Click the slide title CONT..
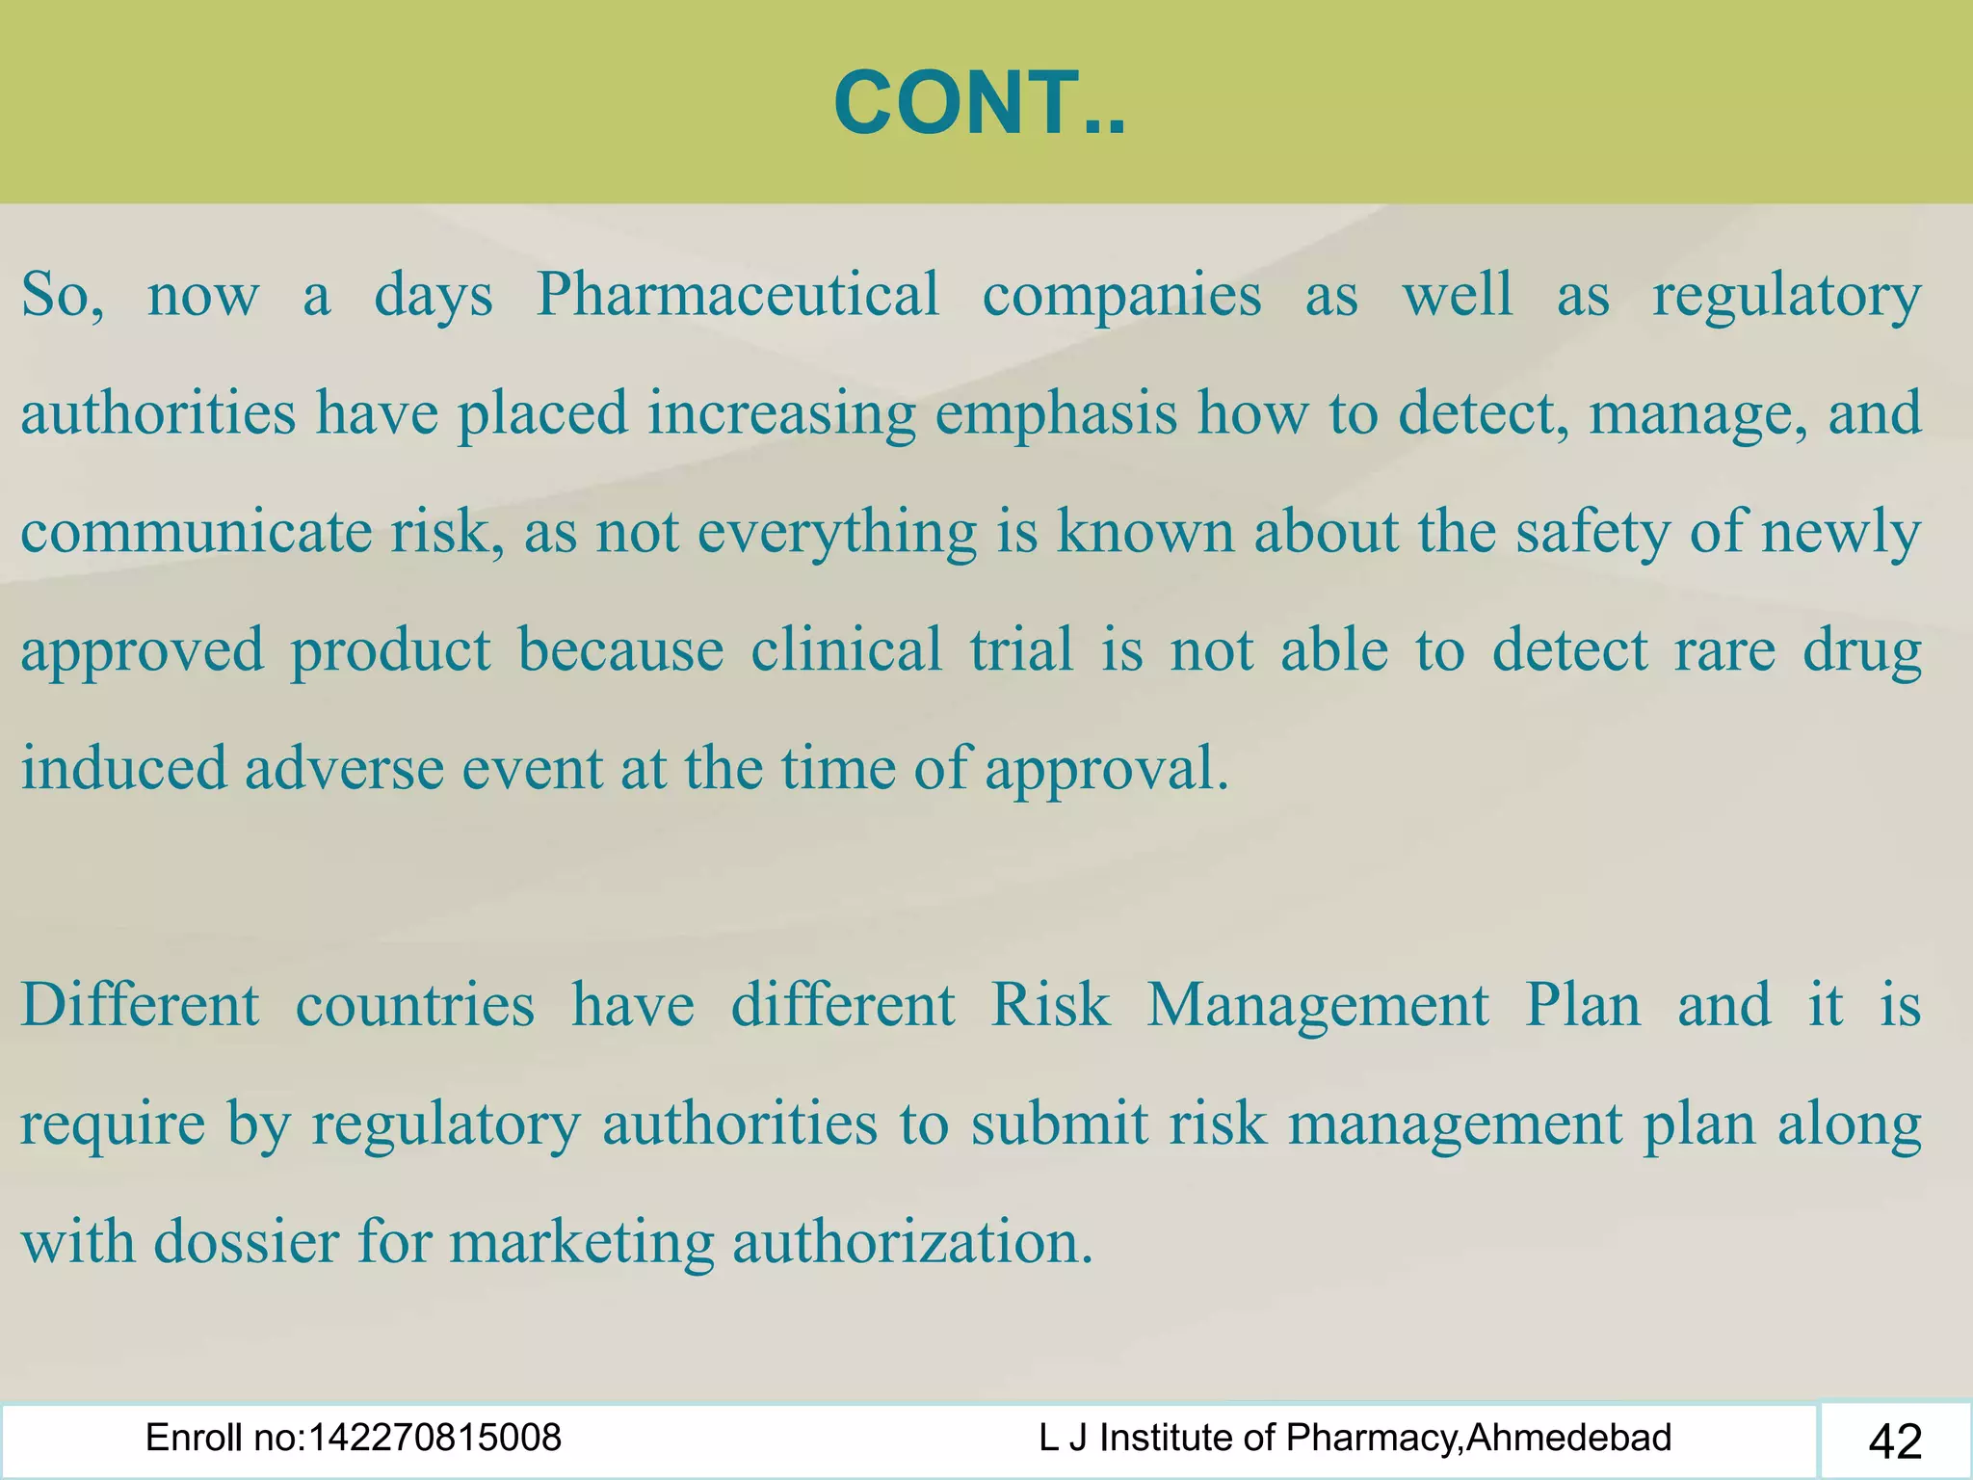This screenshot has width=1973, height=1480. (979, 104)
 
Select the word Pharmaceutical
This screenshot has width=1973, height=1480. (737, 294)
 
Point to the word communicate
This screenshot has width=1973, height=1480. (196, 531)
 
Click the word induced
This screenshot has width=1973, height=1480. (124, 768)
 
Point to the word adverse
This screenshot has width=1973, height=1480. (344, 768)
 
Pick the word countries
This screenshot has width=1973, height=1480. (414, 1005)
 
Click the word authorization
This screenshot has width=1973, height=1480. (912, 1242)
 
